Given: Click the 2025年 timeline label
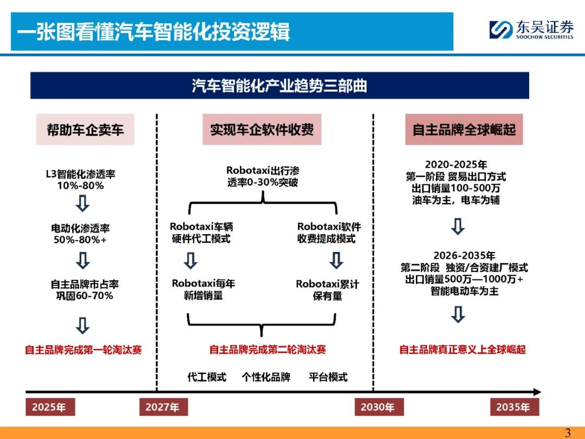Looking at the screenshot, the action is [x=50, y=406].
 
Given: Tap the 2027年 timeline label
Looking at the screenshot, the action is [x=163, y=406].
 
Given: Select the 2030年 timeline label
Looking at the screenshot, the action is [x=379, y=406].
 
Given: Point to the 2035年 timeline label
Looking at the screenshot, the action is [x=514, y=406].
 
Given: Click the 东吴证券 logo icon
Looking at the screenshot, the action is [x=500, y=29].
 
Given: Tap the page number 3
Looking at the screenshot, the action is [x=568, y=433].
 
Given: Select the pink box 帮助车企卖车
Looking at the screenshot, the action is [x=85, y=130].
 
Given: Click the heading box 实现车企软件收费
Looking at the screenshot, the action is [x=262, y=130].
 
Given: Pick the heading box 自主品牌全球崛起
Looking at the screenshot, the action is [x=464, y=130].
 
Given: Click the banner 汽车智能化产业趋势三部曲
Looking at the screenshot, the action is [x=279, y=86].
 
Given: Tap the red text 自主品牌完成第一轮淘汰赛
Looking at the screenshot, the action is [x=83, y=350].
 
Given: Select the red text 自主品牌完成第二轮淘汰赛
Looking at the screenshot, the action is [x=268, y=350].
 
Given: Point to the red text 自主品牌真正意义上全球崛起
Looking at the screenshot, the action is [x=463, y=350].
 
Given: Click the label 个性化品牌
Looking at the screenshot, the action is [x=266, y=377].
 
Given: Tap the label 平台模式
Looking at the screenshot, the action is [x=328, y=377].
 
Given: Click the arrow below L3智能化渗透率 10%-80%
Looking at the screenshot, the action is [x=82, y=203].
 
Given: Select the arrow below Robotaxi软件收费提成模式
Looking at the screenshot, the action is [x=336, y=260].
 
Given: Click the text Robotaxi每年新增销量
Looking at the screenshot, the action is [x=203, y=289].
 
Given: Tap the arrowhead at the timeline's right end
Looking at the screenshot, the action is [x=537, y=392].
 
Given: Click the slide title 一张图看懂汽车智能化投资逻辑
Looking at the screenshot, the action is [x=153, y=31].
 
